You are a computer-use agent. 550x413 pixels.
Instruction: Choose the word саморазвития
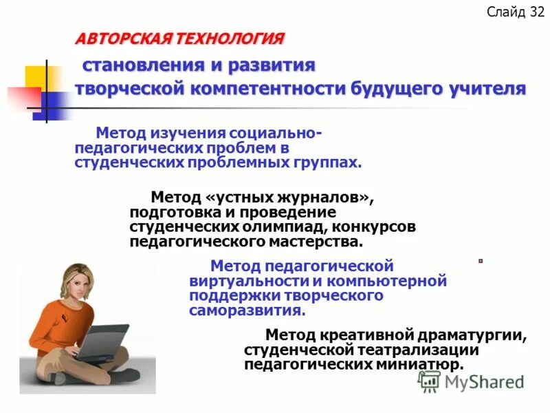(x=246, y=310)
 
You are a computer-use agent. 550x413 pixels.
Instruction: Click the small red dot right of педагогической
(x=481, y=261)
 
